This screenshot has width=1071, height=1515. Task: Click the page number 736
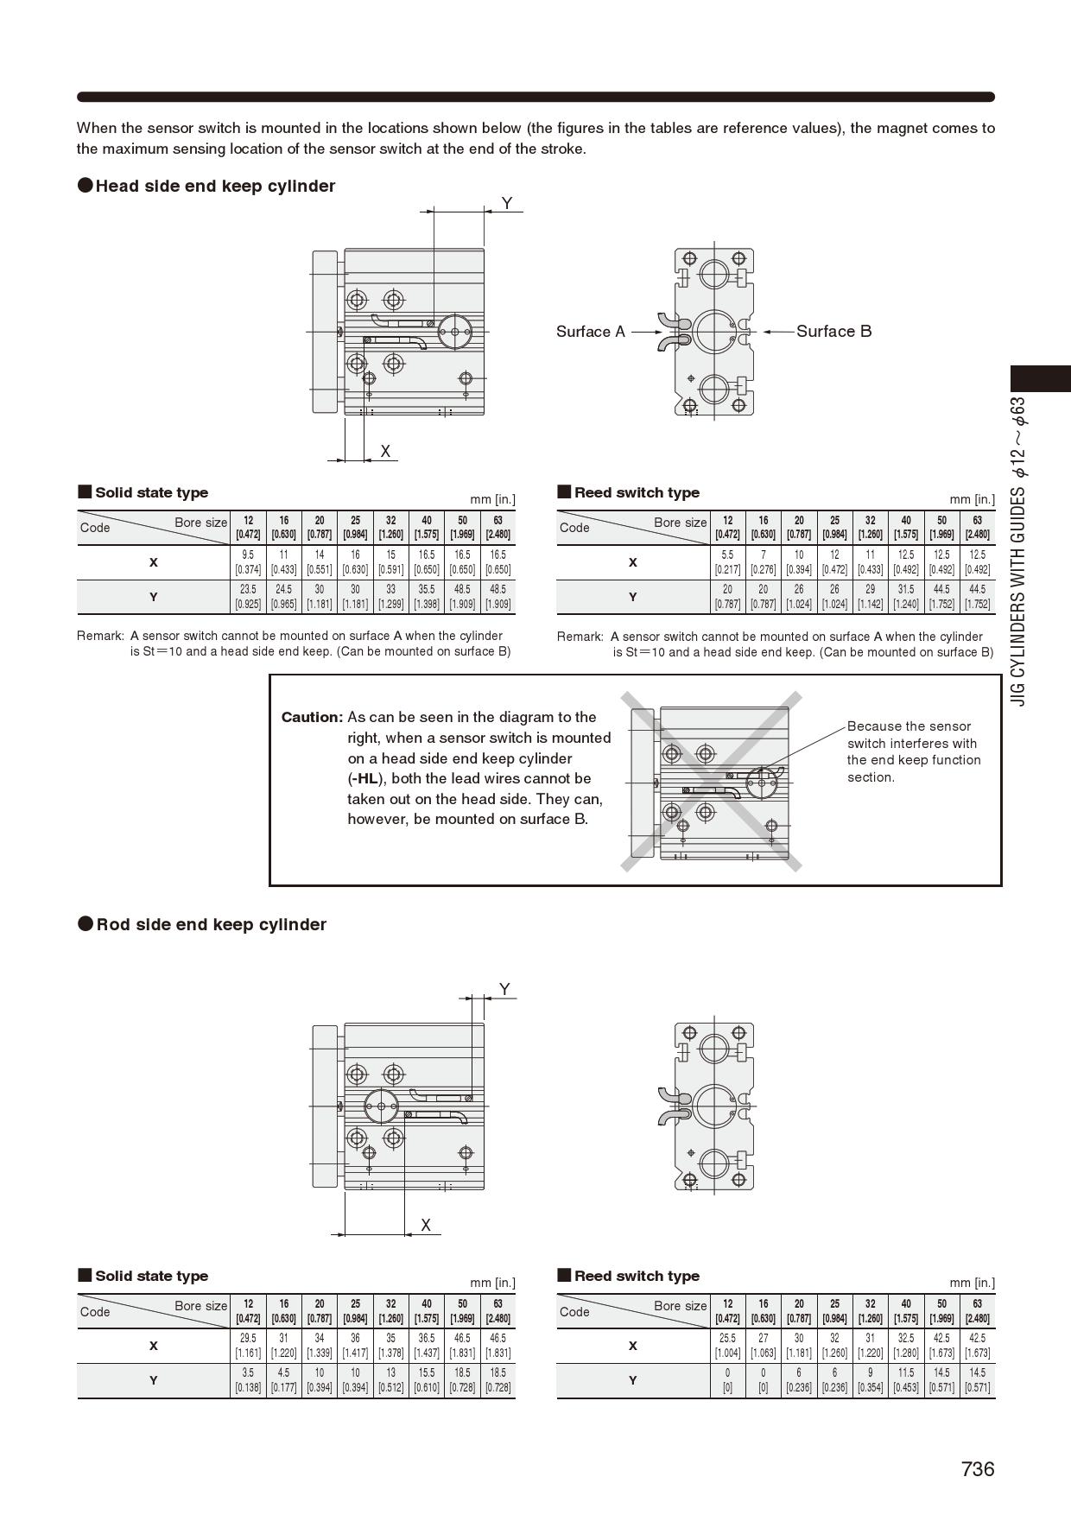(977, 1469)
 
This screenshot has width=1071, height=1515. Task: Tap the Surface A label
(590, 332)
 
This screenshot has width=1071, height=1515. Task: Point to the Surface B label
(833, 332)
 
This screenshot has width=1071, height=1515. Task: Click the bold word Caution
(311, 717)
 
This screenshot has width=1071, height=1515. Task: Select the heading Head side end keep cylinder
(215, 187)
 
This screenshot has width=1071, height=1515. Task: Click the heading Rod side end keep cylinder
(211, 925)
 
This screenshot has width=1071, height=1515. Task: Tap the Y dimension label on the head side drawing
(507, 204)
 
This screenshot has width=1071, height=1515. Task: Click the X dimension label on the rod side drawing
(426, 1225)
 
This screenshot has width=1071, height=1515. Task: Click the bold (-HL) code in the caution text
(365, 779)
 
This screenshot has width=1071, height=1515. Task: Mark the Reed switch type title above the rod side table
(637, 1276)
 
